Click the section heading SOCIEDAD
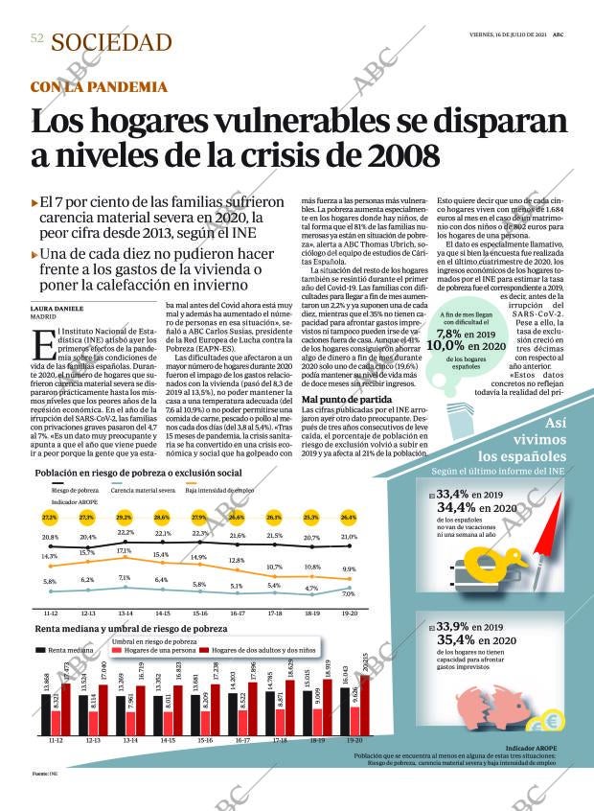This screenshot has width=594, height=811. tap(111, 42)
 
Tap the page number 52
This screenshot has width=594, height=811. tap(36, 39)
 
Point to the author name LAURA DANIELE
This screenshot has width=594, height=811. tap(57, 308)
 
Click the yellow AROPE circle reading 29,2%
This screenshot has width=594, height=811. tap(125, 518)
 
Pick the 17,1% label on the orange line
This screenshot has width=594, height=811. tap(125, 551)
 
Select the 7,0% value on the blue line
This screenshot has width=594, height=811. tap(348, 594)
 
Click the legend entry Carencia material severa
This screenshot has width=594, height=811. tap(142, 489)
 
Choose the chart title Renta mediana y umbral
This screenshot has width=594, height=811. tap(130, 629)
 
